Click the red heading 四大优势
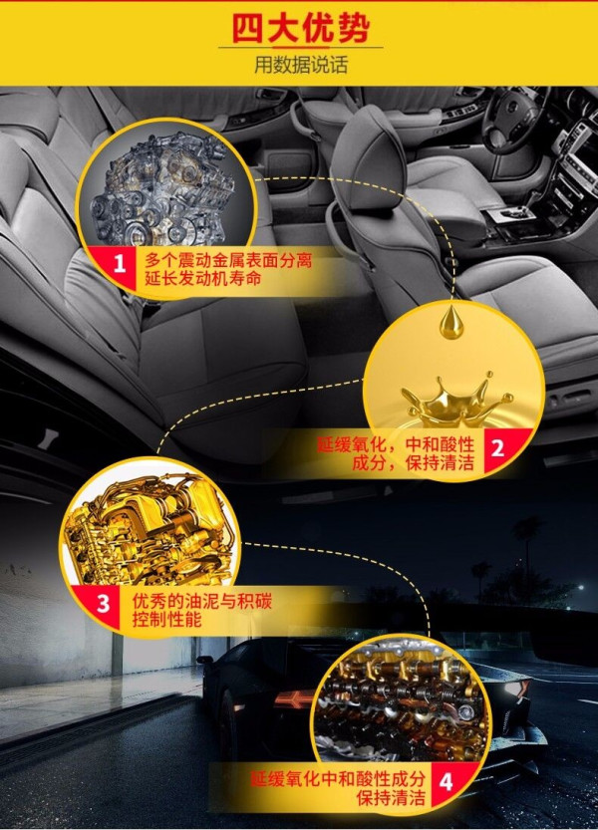[x=300, y=28]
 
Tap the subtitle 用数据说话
[x=300, y=65]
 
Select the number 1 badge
[x=120, y=263]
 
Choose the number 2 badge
[x=496, y=447]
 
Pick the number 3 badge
[x=104, y=604]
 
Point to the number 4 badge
[x=446, y=781]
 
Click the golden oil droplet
[x=451, y=321]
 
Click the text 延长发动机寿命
[x=203, y=278]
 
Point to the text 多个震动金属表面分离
[x=228, y=260]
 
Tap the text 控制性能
[x=166, y=618]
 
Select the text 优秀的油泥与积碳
[x=201, y=601]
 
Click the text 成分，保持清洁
[x=414, y=462]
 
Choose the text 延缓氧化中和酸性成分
[x=338, y=779]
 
